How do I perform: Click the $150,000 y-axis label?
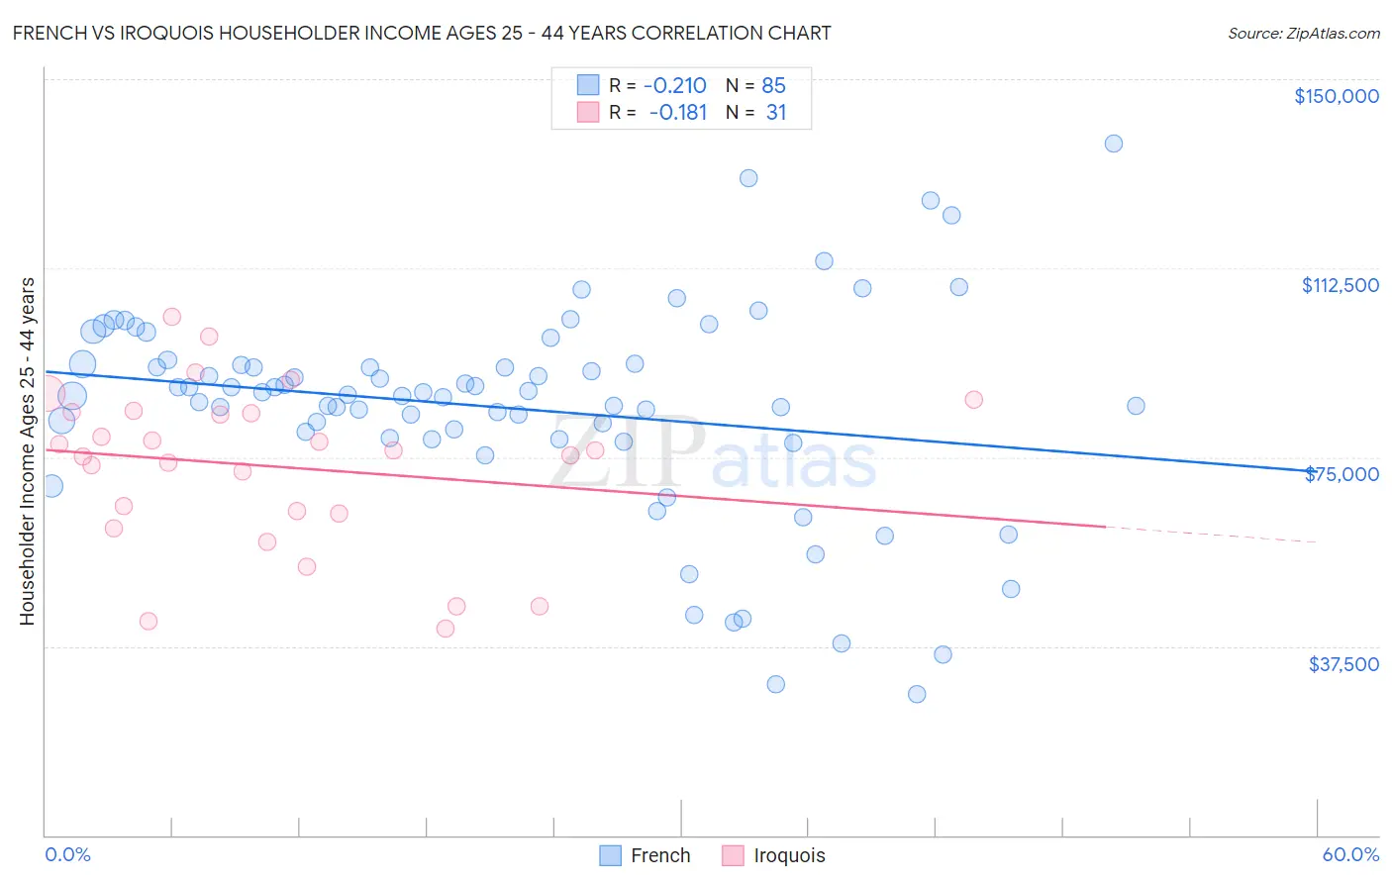1336,96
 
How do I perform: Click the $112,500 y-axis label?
1340,285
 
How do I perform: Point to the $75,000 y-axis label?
1342,474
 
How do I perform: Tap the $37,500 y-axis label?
1343,664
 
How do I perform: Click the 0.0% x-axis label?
67,854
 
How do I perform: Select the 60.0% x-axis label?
1350,854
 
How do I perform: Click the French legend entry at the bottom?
646,855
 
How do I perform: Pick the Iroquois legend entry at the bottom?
774,855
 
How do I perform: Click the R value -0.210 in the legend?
674,85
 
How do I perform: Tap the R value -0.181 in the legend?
677,113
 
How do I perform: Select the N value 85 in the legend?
773,85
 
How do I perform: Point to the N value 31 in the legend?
776,113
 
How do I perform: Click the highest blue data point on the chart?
1114,144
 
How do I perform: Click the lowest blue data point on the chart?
917,694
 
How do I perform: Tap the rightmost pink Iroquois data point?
973,400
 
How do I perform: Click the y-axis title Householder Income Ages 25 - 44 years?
28,451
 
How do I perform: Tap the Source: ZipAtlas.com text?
1303,33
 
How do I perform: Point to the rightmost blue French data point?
1136,406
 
